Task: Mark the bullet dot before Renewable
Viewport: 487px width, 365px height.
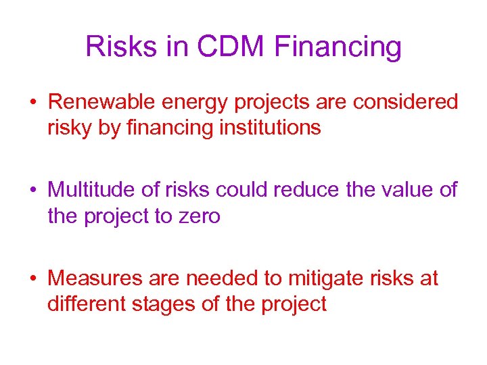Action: (x=33, y=103)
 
